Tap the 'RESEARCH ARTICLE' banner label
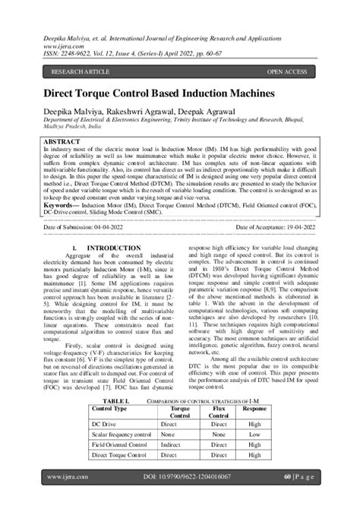tap(81, 72)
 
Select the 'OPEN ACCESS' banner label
tap(286, 72)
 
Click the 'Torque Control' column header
tap(180, 412)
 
